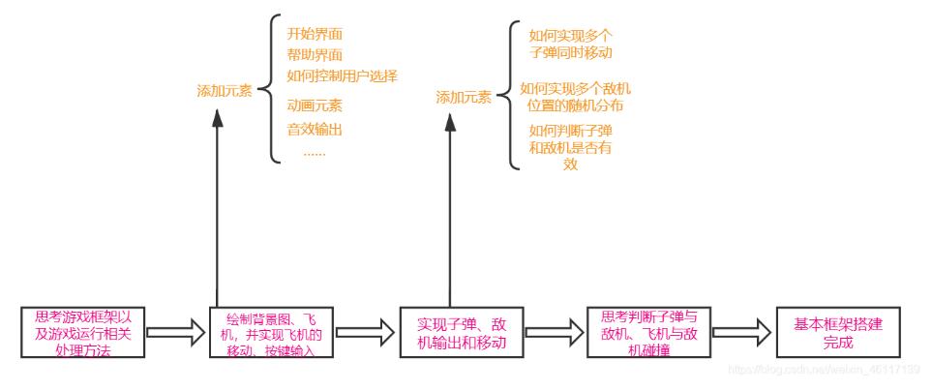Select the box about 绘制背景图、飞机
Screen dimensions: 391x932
pos(272,334)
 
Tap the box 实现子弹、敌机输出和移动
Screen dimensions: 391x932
pos(463,333)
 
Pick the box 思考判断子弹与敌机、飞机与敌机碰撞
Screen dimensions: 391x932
pos(648,333)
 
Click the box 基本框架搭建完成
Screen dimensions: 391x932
pos(827,333)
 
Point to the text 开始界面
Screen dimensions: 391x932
pos(315,34)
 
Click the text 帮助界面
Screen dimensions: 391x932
pos(315,55)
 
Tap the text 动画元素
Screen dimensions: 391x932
pos(315,105)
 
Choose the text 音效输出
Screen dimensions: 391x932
pos(315,129)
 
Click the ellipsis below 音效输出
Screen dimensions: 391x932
pos(315,152)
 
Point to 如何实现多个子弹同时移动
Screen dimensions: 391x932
pos(570,44)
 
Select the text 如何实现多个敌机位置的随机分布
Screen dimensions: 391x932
pos(575,97)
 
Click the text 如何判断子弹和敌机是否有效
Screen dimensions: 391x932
pos(570,146)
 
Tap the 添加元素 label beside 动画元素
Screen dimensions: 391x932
pos(224,92)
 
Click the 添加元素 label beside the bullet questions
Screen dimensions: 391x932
pos(463,98)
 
